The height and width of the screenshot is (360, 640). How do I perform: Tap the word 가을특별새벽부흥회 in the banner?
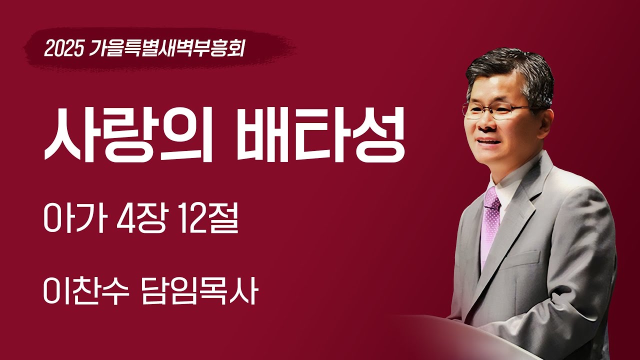point(167,48)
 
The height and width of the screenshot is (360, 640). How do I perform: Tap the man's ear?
point(545,120)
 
